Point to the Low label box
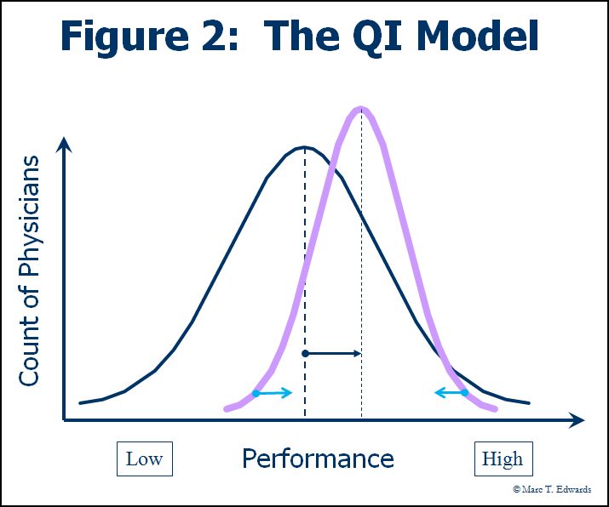pos(144,459)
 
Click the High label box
pos(503,459)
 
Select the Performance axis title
pos(318,459)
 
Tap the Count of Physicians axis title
pos(30,271)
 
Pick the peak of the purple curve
pos(361,109)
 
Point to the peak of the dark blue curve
pos(304,147)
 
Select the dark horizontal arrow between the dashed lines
pos(334,353)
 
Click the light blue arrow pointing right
pos(275,393)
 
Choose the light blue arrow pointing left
pos(448,392)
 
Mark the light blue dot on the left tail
pos(256,393)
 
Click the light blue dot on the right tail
pos(464,392)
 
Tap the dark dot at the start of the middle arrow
pos(305,353)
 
